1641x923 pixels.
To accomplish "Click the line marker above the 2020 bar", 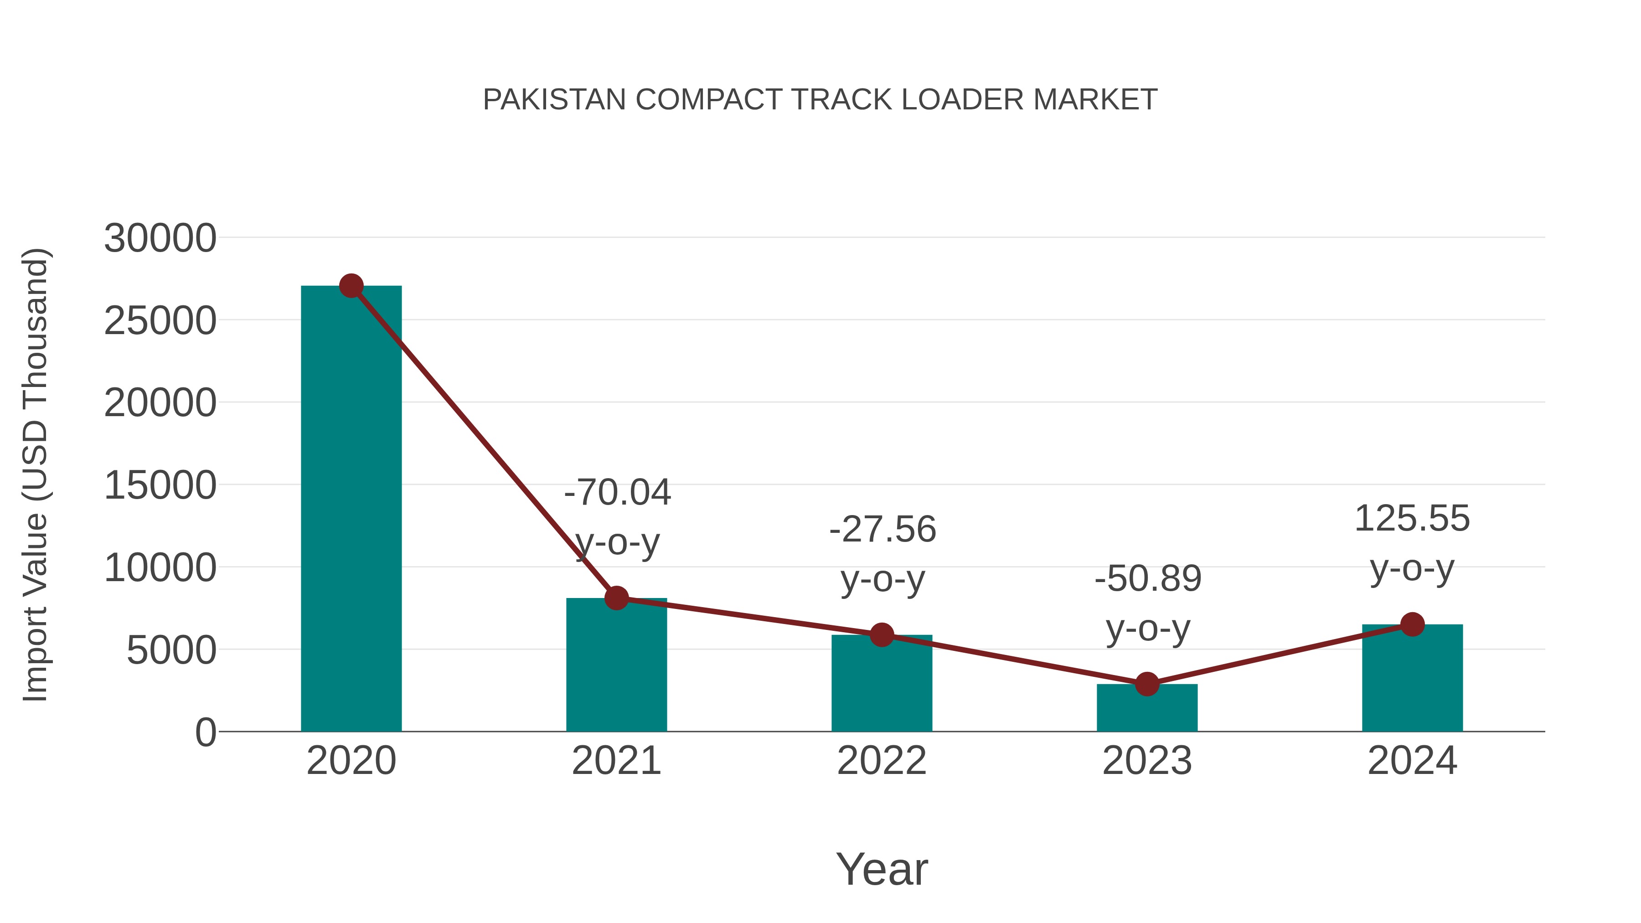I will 351,286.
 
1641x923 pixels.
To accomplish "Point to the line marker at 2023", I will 1147,684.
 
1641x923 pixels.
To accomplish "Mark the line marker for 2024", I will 1412,624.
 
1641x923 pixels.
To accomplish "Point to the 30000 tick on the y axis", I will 160,238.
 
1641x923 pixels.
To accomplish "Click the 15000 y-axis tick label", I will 160,485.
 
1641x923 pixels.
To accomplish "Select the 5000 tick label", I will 171,650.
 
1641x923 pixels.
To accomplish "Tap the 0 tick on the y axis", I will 205,732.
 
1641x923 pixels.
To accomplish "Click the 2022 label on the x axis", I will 882,761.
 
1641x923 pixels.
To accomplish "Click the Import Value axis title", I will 35,474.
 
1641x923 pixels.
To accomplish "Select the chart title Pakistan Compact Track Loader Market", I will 820,99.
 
